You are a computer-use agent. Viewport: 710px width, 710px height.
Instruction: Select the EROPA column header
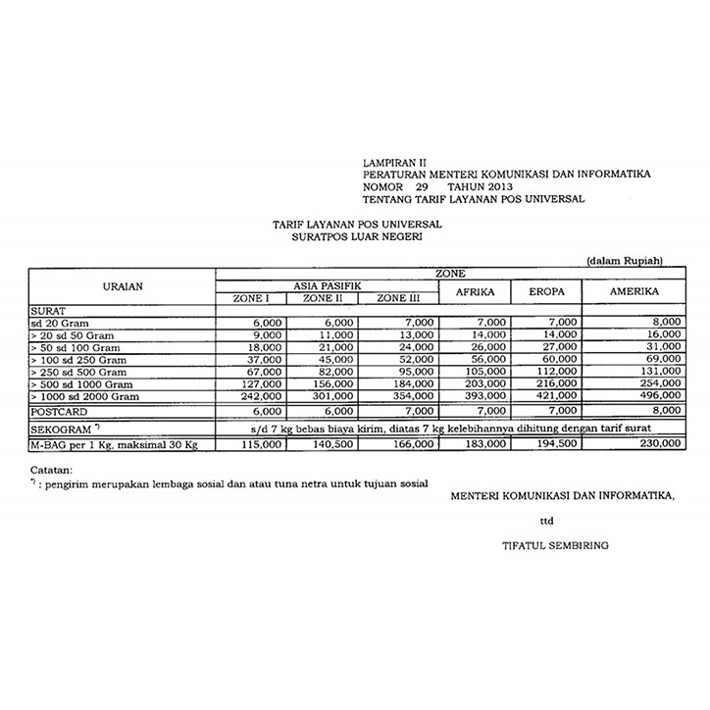[545, 292]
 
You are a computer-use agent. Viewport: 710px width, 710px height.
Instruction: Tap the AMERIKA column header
[634, 292]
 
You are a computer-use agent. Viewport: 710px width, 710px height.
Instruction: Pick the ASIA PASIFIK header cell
[326, 284]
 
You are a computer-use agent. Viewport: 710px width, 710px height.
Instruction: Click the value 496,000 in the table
[659, 396]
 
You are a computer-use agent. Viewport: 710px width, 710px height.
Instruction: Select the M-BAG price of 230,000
[659, 444]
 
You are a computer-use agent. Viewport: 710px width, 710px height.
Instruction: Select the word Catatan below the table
[49, 469]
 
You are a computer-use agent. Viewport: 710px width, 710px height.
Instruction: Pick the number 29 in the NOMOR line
[422, 186]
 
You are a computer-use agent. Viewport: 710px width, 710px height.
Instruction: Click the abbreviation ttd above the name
[546, 521]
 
